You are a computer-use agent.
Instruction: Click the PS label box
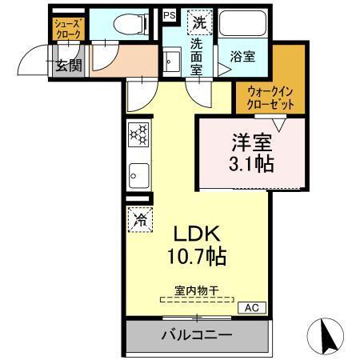pos(169,15)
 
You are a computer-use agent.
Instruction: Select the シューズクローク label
pos(67,30)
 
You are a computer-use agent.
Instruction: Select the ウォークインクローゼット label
pos(270,98)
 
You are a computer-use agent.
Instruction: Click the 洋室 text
pos(252,144)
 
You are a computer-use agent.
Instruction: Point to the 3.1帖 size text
pos(252,166)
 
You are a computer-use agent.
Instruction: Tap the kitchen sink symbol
pos(138,174)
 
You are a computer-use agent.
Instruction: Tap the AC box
pos(251,307)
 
